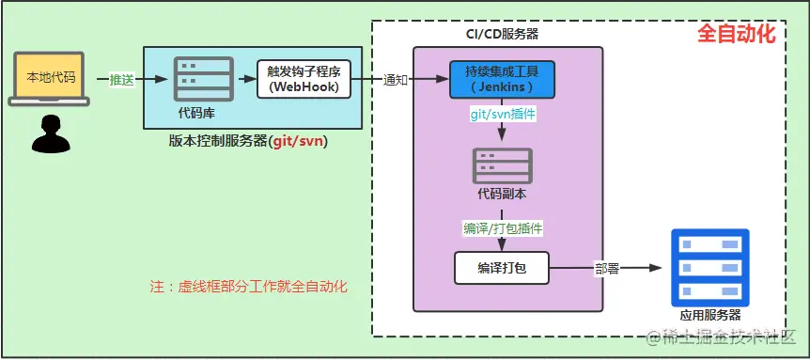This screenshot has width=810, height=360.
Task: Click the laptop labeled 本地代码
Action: point(52,78)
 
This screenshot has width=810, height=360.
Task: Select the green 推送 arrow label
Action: point(122,80)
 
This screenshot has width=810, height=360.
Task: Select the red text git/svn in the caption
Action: point(298,141)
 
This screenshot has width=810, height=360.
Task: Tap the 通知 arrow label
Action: point(396,80)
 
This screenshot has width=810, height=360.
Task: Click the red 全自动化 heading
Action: point(736,35)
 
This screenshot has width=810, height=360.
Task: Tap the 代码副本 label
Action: point(503,195)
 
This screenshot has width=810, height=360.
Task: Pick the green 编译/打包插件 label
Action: point(503,228)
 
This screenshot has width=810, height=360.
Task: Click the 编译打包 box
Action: point(502,268)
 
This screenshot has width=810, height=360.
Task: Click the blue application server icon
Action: point(709,266)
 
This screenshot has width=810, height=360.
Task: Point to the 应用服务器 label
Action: point(709,315)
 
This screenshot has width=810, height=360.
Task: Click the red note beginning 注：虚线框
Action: point(249,286)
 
